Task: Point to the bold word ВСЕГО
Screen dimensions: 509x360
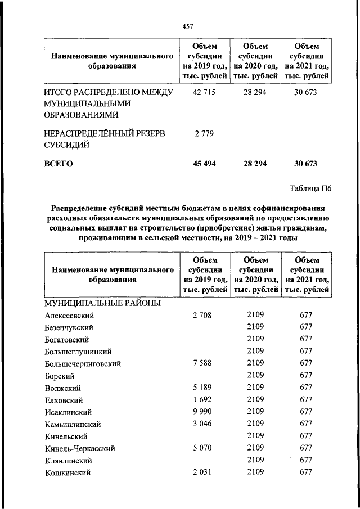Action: click(58, 164)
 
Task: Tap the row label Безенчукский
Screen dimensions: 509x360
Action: click(69, 327)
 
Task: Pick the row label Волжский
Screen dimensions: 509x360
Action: click(62, 388)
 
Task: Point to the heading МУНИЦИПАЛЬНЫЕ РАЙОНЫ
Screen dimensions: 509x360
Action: click(102, 303)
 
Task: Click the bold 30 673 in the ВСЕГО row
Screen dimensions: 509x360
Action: click(305, 164)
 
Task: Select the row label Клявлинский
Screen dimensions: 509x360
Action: click(68, 461)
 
